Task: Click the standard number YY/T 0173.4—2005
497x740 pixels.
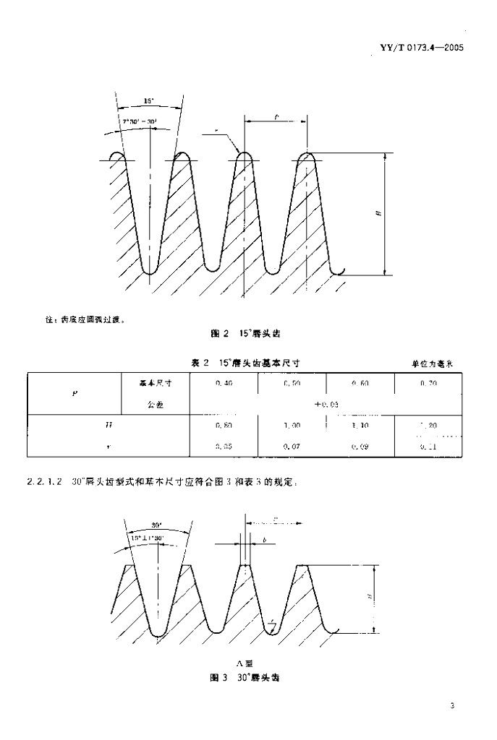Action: [x=420, y=48]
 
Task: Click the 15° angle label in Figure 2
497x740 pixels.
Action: [x=148, y=102]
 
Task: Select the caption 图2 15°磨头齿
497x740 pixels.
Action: [x=244, y=334]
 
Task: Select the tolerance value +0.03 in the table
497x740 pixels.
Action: [x=326, y=405]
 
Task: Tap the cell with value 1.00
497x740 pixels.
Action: [x=292, y=427]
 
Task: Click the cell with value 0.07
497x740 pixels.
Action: [x=292, y=447]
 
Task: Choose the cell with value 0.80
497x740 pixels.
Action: [x=224, y=427]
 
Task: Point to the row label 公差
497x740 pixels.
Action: [x=155, y=405]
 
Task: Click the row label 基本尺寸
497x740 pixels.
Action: [x=153, y=383]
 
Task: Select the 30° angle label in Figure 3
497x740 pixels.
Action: [x=156, y=525]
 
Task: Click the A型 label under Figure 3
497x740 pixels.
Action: [x=243, y=663]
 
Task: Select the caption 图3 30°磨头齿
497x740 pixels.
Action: [x=244, y=679]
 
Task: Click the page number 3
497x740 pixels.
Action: [x=451, y=706]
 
